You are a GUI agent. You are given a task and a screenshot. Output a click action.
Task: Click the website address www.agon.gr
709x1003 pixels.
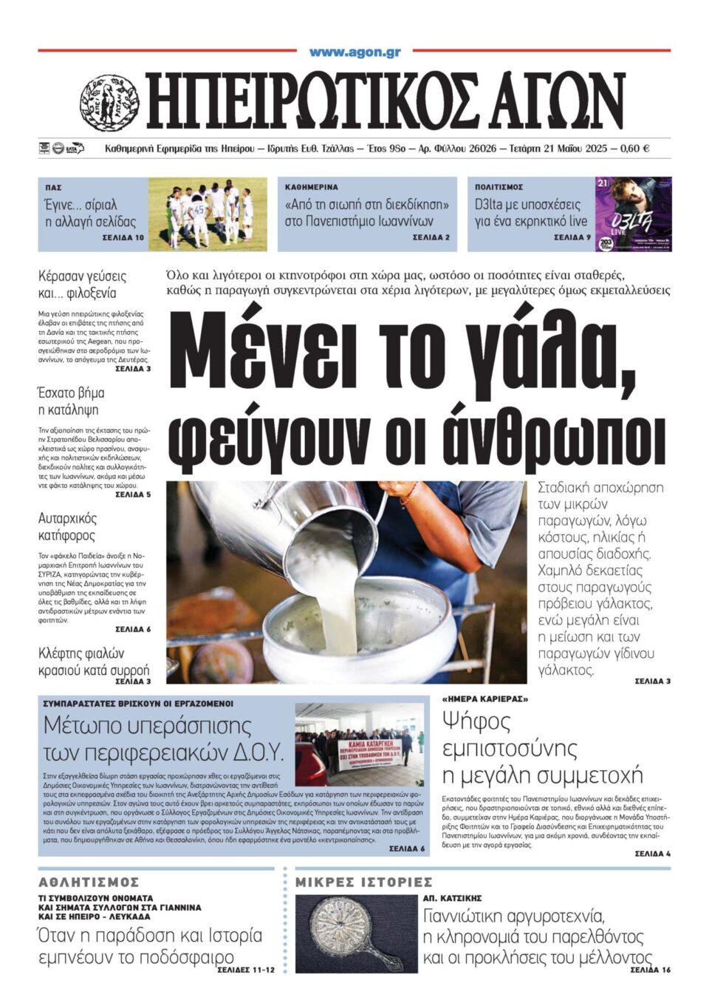click(354, 52)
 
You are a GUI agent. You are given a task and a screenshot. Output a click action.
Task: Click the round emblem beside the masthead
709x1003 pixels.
click(109, 102)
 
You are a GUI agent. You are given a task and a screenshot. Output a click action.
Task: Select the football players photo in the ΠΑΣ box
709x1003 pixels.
click(208, 214)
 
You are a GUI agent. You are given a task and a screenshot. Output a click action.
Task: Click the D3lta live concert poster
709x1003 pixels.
click(633, 214)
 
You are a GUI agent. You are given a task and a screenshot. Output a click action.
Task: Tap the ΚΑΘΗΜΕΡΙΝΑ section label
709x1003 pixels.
click(311, 188)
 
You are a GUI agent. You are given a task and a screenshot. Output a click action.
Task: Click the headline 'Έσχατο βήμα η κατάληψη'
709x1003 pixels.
click(71, 401)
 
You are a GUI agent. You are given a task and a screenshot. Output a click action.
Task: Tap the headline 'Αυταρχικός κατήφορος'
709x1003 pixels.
click(67, 526)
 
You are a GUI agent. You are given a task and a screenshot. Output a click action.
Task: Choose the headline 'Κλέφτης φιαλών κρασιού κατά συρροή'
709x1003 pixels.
click(93, 662)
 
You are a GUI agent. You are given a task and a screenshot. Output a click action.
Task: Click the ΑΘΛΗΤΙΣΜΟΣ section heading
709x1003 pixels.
click(89, 882)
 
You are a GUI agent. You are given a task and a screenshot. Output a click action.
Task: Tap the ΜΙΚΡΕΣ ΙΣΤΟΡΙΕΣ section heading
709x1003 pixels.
click(363, 882)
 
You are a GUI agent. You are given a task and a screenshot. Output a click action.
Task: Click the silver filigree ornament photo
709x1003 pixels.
click(356, 934)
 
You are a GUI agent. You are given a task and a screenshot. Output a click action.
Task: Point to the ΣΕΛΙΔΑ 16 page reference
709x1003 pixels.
click(651, 970)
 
